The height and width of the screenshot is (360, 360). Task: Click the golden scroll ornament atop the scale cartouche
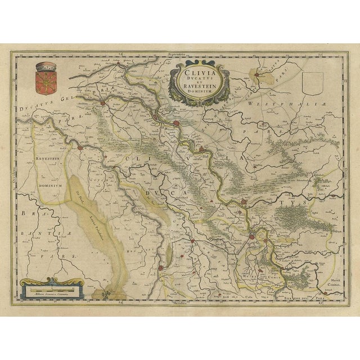pos(52,280)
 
